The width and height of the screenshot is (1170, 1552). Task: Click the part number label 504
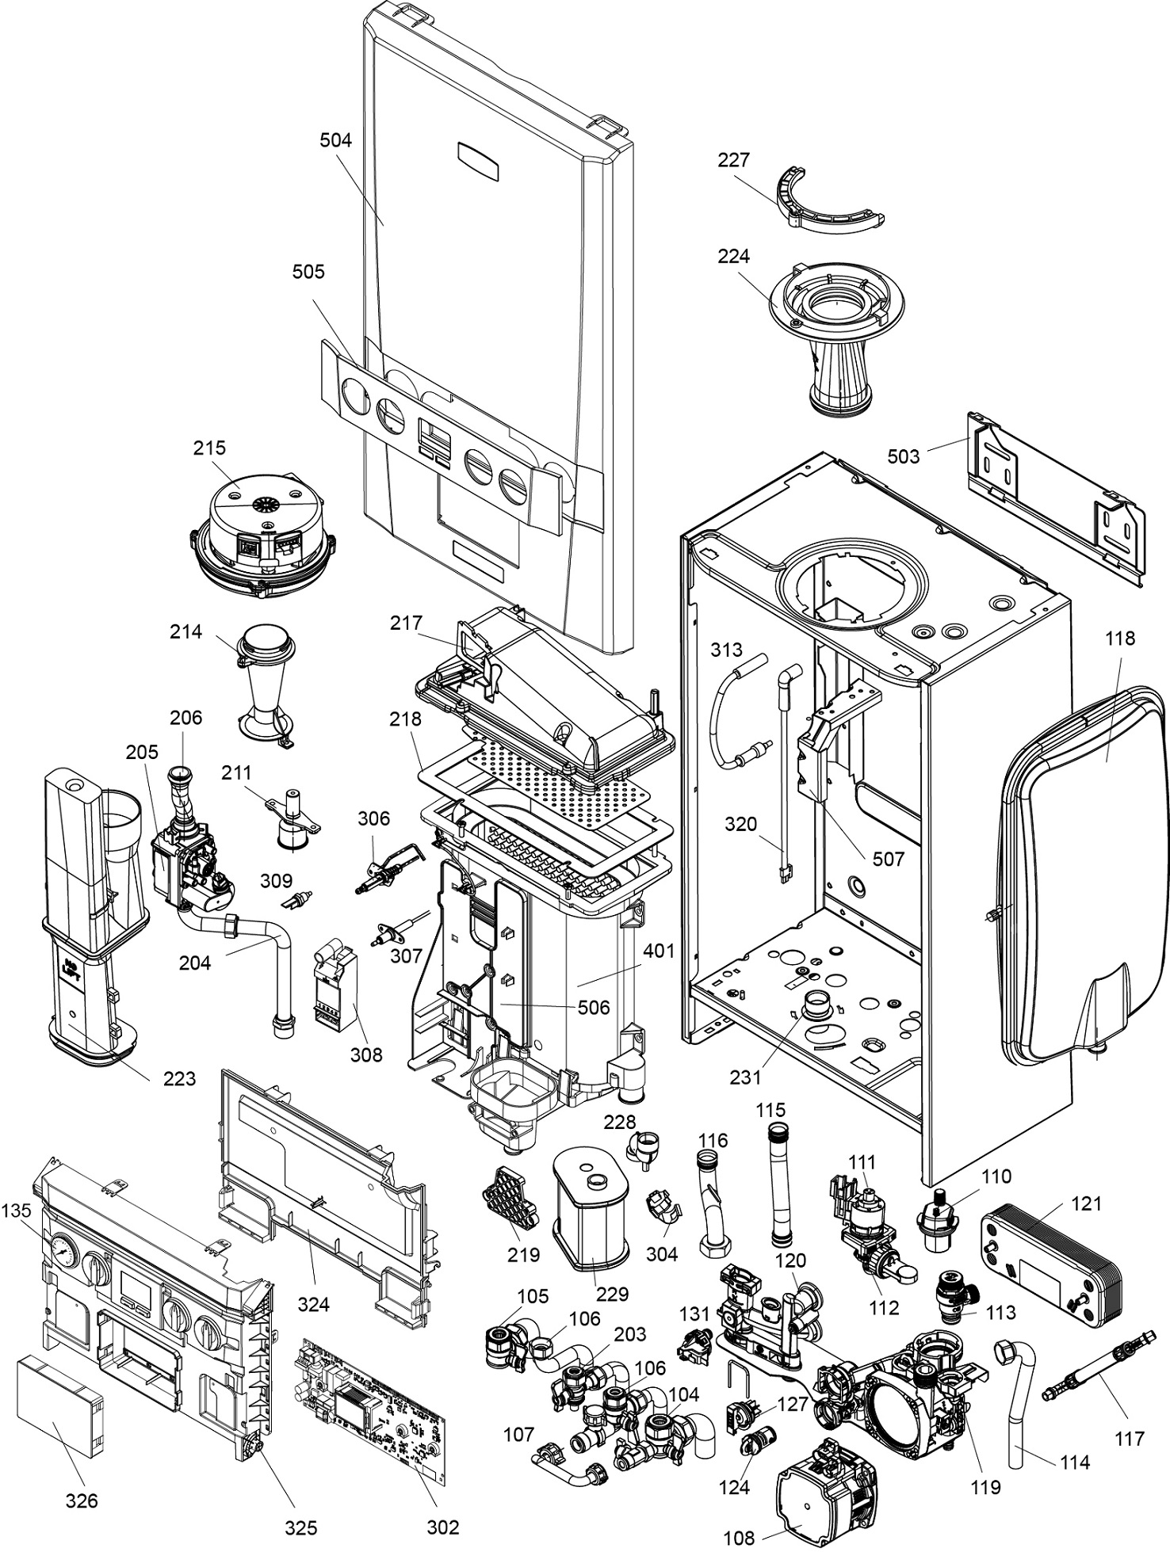[335, 140]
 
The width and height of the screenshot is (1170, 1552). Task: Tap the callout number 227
[733, 160]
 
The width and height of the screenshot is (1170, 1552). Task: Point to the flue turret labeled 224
[836, 329]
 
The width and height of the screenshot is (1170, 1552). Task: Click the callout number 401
[659, 950]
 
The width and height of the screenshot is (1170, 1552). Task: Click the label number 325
[300, 1528]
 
